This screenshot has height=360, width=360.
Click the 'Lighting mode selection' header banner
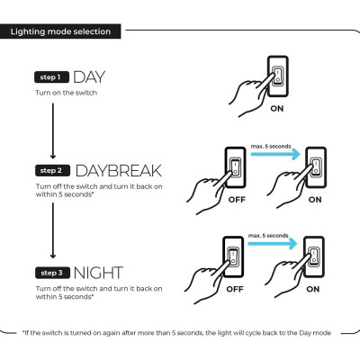tap(60, 31)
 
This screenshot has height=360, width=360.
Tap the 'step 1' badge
tap(51, 77)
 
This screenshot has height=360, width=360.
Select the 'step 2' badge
tap(52, 170)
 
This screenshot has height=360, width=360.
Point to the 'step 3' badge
tap(52, 273)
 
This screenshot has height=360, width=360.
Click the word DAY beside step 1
tap(89, 77)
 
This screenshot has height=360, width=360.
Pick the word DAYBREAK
tap(119, 171)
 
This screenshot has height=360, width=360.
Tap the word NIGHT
tap(98, 273)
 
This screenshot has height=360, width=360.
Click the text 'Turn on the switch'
tap(67, 93)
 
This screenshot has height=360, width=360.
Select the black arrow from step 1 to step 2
tap(53, 130)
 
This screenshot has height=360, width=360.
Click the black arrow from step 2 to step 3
tap(53, 230)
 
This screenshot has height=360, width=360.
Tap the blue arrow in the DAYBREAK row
tap(275, 154)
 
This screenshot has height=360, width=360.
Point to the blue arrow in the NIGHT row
tap(273, 244)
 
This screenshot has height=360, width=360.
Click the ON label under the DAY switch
tap(277, 108)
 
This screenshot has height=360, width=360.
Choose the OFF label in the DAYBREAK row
tap(237, 200)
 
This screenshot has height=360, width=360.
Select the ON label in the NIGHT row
tap(313, 289)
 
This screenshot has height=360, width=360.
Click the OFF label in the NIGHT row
tap(235, 289)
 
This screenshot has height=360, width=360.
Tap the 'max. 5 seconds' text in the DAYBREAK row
tap(271, 146)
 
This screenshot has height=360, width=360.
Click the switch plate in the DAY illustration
tap(278, 76)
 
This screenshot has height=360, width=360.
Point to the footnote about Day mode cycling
tap(177, 333)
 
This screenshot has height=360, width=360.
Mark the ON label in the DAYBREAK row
tap(315, 200)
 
